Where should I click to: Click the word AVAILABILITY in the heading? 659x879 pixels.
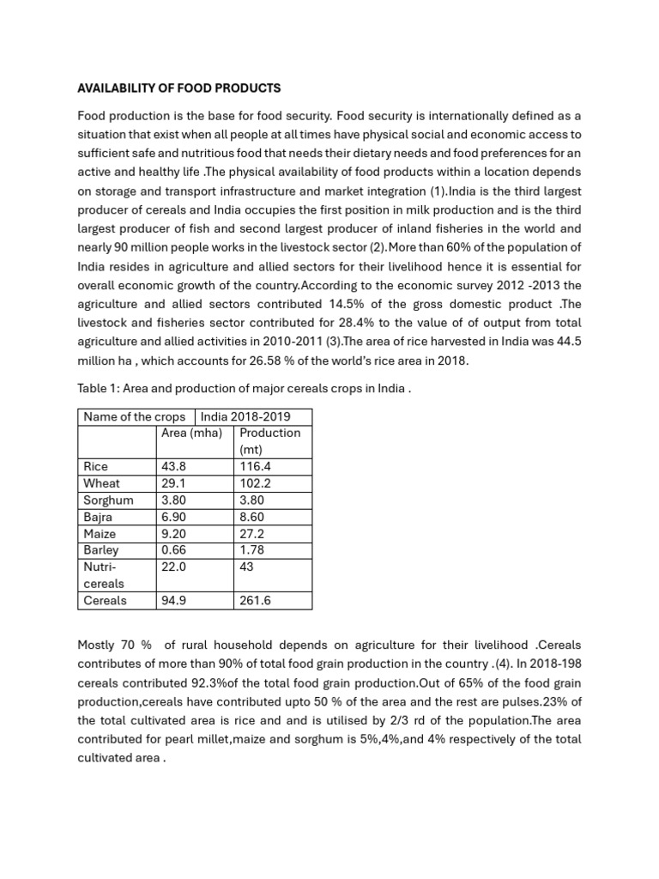pyautogui.click(x=116, y=88)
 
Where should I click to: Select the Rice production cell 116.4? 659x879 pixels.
pyautogui.click(x=256, y=466)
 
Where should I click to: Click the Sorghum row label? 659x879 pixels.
pyautogui.click(x=108, y=500)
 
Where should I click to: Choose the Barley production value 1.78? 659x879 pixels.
pyautogui.click(x=254, y=550)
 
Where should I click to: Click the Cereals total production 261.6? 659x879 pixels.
pyautogui.click(x=256, y=601)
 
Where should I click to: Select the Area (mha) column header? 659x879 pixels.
pyautogui.click(x=191, y=433)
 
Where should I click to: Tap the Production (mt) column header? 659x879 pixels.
pyautogui.click(x=269, y=441)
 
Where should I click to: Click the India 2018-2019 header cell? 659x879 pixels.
pyautogui.click(x=245, y=416)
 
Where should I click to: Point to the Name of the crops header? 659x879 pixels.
pyautogui.click(x=134, y=416)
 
